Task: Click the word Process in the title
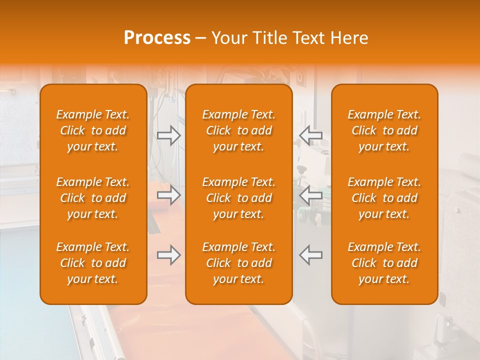(x=157, y=38)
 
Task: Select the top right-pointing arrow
(x=169, y=135)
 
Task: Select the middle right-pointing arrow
(x=169, y=194)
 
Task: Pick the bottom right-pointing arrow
(x=169, y=254)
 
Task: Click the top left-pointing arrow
(x=310, y=135)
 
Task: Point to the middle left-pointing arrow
(x=310, y=194)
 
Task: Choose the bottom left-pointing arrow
(x=310, y=254)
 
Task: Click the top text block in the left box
(x=93, y=130)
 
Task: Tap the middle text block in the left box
(x=93, y=198)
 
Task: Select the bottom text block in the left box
(x=93, y=263)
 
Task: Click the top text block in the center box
(x=238, y=130)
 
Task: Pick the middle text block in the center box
(x=238, y=198)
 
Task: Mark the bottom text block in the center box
(x=238, y=263)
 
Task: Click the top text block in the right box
(x=384, y=130)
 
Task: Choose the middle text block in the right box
(x=384, y=198)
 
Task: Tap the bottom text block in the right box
(x=384, y=263)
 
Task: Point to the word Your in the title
(x=228, y=38)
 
